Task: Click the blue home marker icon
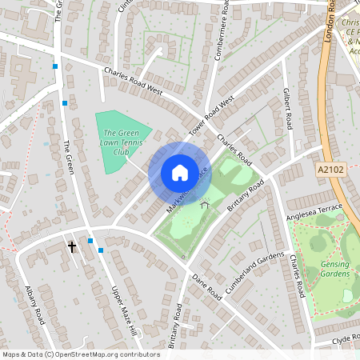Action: [x=179, y=173]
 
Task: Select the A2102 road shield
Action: [x=331, y=170]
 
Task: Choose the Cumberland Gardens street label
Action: [x=254, y=272]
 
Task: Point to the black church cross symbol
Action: [x=72, y=247]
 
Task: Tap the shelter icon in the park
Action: [x=204, y=205]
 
